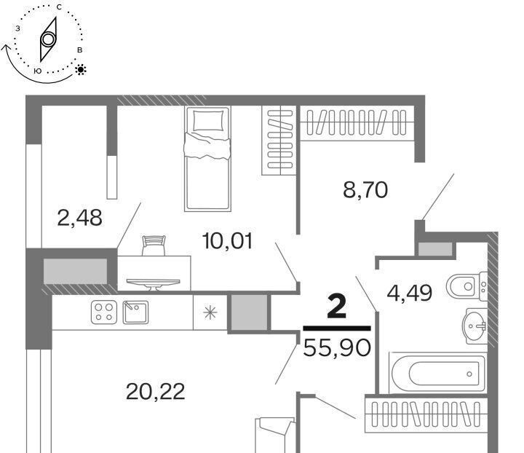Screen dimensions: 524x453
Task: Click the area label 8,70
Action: click(x=365, y=190)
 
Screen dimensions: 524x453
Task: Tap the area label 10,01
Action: click(x=227, y=241)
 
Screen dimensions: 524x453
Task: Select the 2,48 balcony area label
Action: click(x=79, y=218)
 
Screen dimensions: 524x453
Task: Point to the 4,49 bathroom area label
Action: click(x=409, y=293)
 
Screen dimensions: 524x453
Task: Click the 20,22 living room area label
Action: click(x=156, y=392)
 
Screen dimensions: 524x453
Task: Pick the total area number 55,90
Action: click(x=337, y=347)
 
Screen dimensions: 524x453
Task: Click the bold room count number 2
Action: click(x=337, y=307)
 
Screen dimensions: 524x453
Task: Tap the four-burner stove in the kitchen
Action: click(x=104, y=312)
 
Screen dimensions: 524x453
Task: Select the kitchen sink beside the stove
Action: click(x=135, y=312)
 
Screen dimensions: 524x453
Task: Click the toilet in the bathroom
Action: click(x=467, y=285)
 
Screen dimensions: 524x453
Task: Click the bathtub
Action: click(x=437, y=373)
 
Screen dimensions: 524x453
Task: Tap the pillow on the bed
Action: click(x=208, y=120)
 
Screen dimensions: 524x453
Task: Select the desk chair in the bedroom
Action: click(x=154, y=245)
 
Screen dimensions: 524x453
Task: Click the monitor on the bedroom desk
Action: click(x=154, y=284)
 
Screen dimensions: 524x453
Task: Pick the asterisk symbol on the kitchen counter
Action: click(x=210, y=312)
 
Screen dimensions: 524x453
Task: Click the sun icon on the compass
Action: click(x=81, y=69)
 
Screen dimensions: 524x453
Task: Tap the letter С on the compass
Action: click(x=59, y=7)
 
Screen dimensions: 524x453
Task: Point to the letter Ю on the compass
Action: click(x=38, y=71)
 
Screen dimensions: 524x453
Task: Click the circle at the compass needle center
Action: click(x=48, y=39)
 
